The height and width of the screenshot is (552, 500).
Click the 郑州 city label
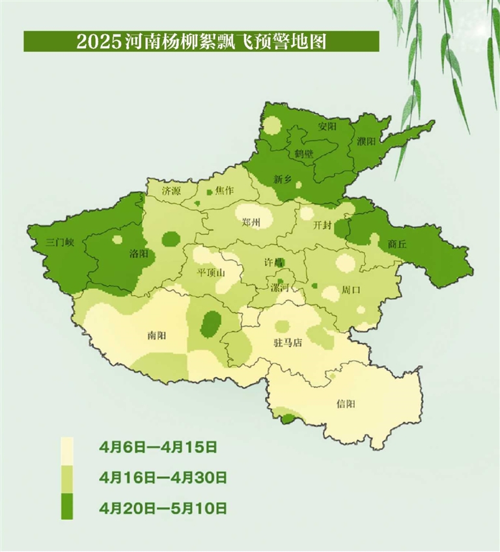(x=251, y=223)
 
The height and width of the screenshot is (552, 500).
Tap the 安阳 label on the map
(x=327, y=126)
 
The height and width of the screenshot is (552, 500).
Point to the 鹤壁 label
(x=304, y=154)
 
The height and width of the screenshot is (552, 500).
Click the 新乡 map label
(x=283, y=180)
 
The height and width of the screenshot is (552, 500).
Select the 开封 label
(x=322, y=225)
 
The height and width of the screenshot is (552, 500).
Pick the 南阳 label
(x=157, y=335)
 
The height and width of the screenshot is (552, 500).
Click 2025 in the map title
(x=98, y=42)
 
